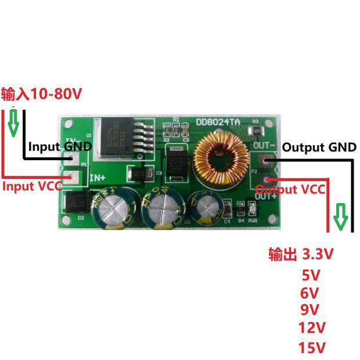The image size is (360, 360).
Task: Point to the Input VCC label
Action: [33, 186]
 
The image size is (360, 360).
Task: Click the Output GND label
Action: [319, 147]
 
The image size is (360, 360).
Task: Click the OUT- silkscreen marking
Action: [264, 145]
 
